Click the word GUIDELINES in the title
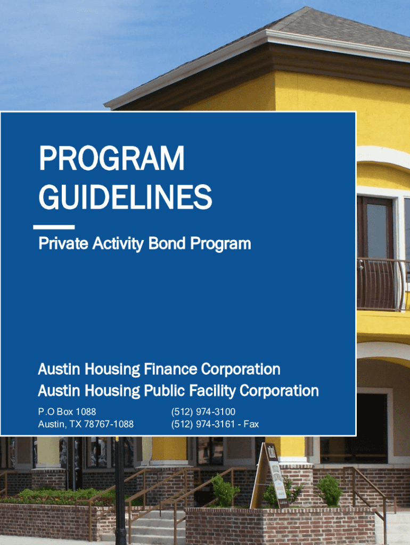125,197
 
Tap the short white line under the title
54,227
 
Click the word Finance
170,369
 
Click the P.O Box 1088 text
67,412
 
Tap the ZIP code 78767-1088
109,424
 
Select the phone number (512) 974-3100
203,412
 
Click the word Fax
251,424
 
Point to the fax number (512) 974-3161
203,424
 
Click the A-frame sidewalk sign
269,476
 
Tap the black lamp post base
120,532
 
